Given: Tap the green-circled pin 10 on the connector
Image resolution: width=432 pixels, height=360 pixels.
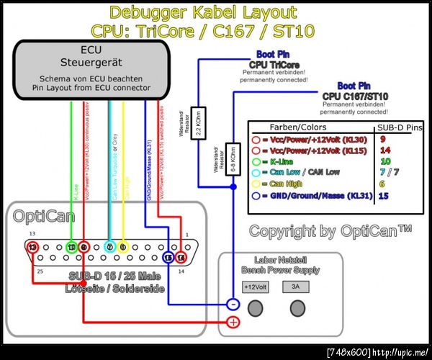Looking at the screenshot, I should (x=71, y=247).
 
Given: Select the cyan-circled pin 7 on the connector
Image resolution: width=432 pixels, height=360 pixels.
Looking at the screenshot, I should (x=109, y=247).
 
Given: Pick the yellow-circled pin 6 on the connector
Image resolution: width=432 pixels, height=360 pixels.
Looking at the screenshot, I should (x=123, y=247).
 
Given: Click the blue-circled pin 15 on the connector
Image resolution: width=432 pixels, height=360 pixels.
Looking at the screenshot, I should (x=168, y=257).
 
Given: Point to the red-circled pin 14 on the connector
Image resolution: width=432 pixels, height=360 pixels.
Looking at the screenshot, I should (x=180, y=257).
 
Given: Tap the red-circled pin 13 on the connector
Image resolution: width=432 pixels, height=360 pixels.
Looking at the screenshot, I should (x=32, y=247).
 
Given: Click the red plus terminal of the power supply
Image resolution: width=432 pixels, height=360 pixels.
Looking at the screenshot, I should (x=233, y=322).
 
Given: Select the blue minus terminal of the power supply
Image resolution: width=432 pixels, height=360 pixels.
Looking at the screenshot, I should (x=233, y=304).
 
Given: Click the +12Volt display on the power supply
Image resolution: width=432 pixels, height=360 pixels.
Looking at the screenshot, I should (x=256, y=287).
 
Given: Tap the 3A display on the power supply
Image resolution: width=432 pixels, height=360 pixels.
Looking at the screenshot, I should (x=294, y=287).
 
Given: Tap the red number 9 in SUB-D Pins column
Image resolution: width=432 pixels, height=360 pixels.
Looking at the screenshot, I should (x=382, y=138).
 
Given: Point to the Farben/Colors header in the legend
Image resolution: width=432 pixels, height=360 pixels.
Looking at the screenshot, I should (x=302, y=127).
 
